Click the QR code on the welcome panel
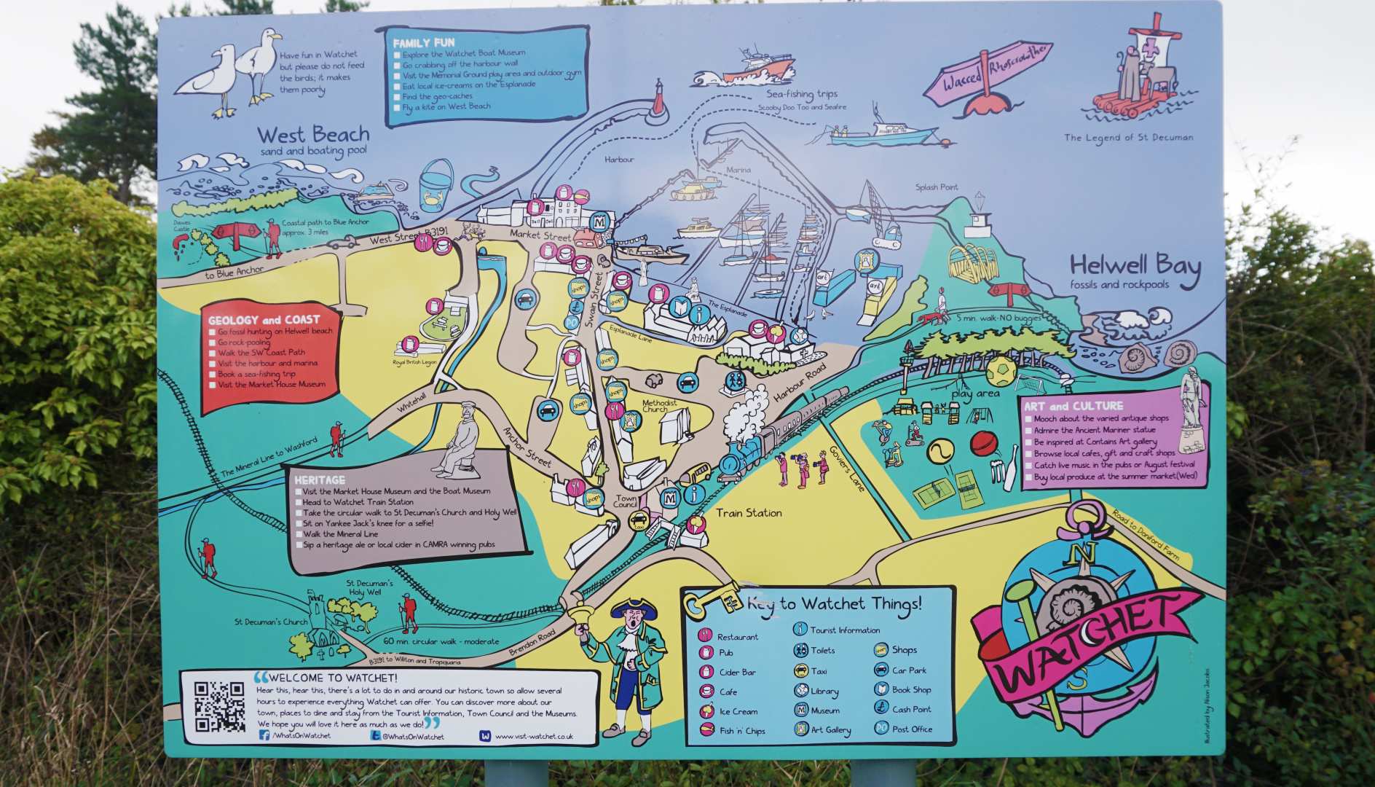pyautogui.click(x=219, y=705)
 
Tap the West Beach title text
pyautogui.click(x=313, y=135)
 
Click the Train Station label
pyautogui.click(x=749, y=513)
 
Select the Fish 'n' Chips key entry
pyautogui.click(x=741, y=731)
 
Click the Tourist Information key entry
pyautogui.click(x=844, y=630)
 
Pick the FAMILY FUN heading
pyautogui.click(x=424, y=43)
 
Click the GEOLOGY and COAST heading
pyautogui.click(x=264, y=320)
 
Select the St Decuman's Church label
pyautogui.click(x=271, y=622)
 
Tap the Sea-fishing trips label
pyautogui.click(x=802, y=94)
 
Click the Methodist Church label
pyautogui.click(x=659, y=406)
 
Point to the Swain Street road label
pyautogui.click(x=594, y=299)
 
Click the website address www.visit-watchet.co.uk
pyautogui.click(x=534, y=736)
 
